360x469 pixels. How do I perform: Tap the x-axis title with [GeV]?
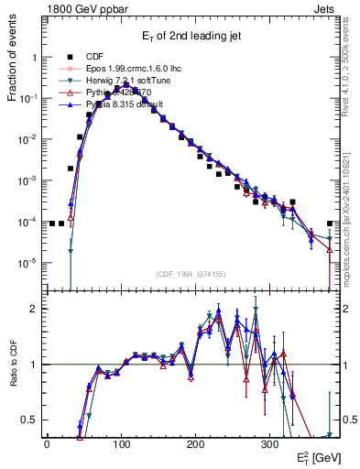pos(317,456)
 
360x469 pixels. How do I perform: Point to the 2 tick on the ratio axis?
pos(34,309)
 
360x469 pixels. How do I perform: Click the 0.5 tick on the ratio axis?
pos(30,420)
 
